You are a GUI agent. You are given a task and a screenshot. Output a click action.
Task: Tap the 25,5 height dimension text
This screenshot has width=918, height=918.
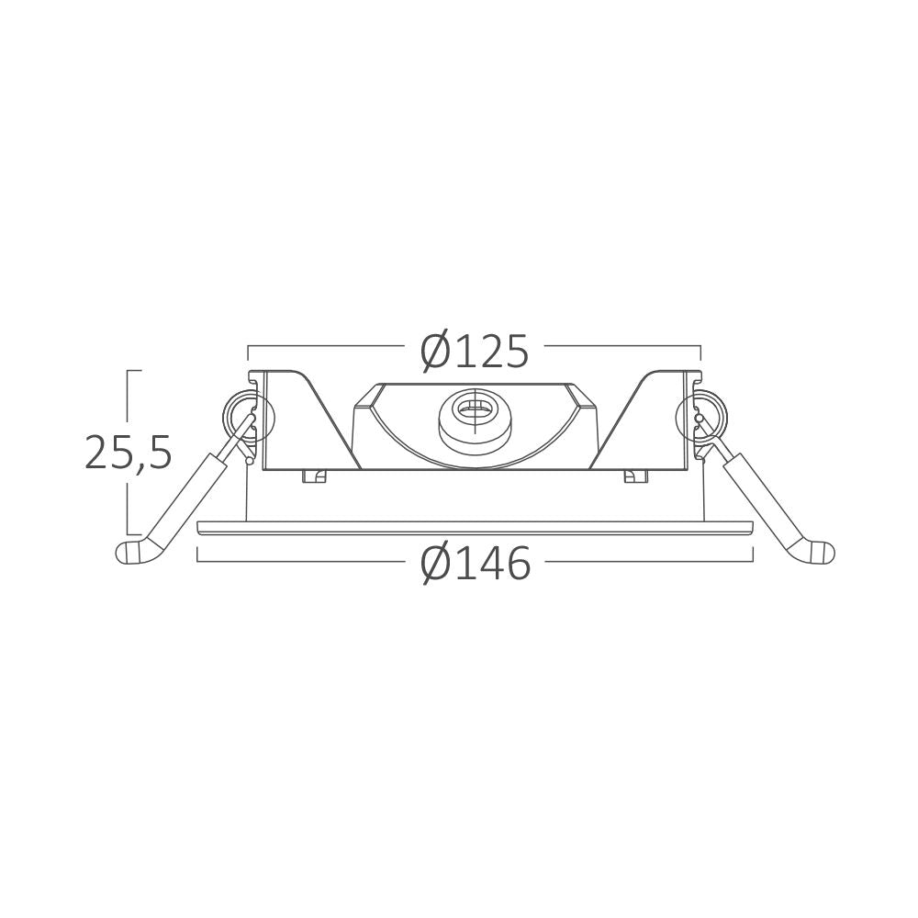pyautogui.click(x=129, y=453)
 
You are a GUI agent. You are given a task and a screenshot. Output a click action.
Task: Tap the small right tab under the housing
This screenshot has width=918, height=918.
pyautogui.click(x=634, y=476)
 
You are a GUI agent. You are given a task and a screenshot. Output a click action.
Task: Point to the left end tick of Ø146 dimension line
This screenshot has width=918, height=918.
pyautogui.click(x=199, y=554)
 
